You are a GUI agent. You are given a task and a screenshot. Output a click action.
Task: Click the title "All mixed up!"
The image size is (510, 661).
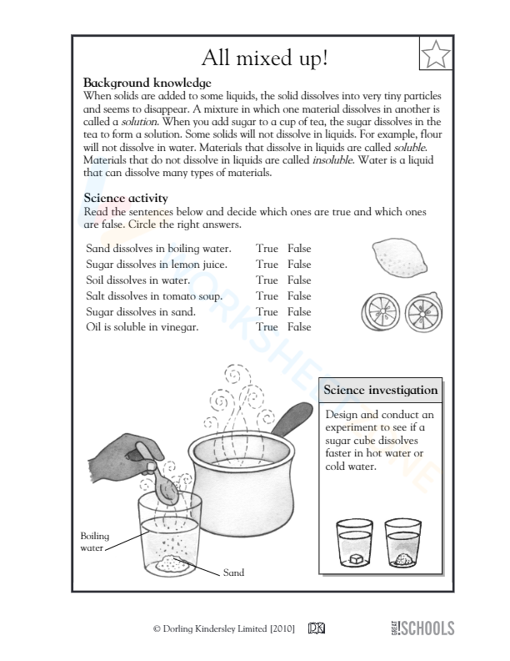[265, 58]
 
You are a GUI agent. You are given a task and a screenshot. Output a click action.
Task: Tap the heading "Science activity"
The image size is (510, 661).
[126, 198]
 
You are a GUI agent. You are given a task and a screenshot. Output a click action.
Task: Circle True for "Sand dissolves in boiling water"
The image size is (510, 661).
[267, 249]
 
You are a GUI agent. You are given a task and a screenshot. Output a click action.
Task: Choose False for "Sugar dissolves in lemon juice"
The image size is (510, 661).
[299, 265]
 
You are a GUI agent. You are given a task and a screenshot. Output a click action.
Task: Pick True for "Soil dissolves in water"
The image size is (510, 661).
[267, 280]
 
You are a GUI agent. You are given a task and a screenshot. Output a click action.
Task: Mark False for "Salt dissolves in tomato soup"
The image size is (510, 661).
[299, 295]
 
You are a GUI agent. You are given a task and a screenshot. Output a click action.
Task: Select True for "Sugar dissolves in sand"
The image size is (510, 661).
[267, 311]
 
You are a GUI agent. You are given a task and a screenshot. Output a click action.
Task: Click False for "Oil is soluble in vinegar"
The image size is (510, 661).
[299, 327]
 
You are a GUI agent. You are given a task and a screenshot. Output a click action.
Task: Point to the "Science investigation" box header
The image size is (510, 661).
[379, 390]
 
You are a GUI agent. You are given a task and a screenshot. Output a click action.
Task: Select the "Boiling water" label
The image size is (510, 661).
[94, 542]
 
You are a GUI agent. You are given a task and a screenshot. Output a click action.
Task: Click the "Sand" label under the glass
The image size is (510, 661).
[233, 573]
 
